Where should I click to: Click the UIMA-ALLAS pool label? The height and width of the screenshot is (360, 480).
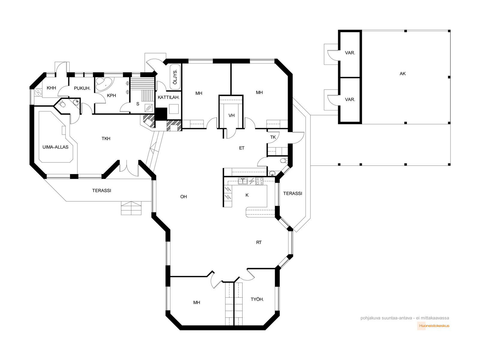point(55,147)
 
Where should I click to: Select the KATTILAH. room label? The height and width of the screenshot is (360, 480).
point(169,97)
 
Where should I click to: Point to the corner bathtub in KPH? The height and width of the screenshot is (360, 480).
point(104,84)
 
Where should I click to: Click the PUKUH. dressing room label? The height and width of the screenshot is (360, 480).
point(82,88)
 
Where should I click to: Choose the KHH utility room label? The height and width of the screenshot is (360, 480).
point(51,88)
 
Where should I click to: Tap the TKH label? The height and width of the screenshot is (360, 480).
point(106,139)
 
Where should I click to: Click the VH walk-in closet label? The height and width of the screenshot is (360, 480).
point(231,115)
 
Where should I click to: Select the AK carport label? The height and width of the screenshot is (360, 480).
point(403,74)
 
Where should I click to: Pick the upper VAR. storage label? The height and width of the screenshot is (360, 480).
point(350,53)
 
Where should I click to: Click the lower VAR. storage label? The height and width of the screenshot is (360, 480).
point(350,100)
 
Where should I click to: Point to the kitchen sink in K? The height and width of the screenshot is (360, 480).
point(243,181)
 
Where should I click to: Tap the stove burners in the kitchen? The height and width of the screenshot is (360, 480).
point(259,181)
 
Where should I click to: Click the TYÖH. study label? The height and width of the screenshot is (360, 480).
point(257,299)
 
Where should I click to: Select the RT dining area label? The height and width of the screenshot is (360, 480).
point(259,242)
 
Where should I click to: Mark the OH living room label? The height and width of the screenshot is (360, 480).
point(184,197)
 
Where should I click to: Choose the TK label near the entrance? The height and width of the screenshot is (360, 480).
point(273,137)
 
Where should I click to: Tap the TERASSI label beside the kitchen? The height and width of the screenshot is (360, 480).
point(292,193)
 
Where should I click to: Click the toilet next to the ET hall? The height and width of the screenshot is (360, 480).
point(284,161)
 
